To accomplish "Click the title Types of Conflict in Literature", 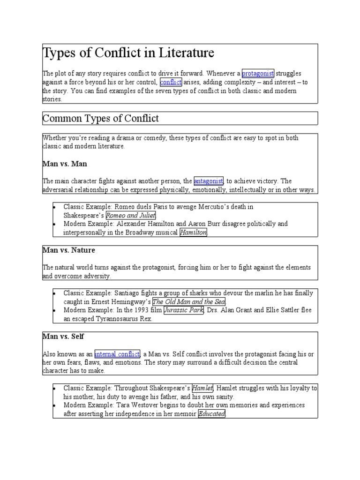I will tap(128, 53).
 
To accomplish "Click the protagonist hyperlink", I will tap(258, 74).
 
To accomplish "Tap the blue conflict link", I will tap(171, 82).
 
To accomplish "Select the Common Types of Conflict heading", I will tap(101, 119).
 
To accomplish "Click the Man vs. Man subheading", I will tap(65, 164).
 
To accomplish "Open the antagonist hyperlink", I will tap(209, 181).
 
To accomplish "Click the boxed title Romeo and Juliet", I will tap(130, 215).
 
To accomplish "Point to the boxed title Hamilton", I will tap(193, 232).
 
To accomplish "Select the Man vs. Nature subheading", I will tap(69, 250).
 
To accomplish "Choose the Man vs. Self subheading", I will tap(63, 337).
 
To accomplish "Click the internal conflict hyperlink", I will tap(117, 354).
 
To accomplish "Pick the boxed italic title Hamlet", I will tap(202, 388).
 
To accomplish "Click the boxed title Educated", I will tap(212, 414).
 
